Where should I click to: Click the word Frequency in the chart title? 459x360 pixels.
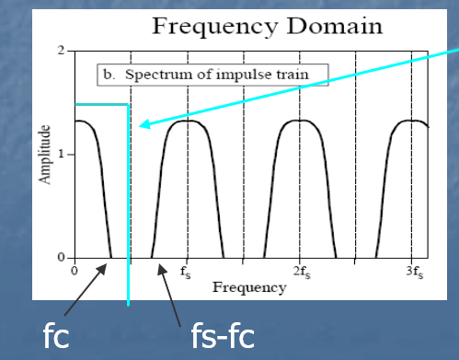[x=215, y=28]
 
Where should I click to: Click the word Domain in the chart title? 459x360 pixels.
[x=335, y=26]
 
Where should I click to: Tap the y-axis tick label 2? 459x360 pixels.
[x=62, y=50]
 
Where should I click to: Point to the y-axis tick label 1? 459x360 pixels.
[x=62, y=154]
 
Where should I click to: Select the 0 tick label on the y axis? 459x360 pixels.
[x=62, y=257]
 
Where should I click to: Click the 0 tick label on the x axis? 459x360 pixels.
[x=75, y=271]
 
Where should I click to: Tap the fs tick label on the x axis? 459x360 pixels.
[x=186, y=273]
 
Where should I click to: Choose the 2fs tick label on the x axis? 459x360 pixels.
[x=302, y=273]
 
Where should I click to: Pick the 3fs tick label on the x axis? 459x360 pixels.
[x=415, y=273]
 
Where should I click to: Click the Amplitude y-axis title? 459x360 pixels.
[x=44, y=155]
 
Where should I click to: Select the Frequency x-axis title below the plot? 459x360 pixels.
[x=249, y=288]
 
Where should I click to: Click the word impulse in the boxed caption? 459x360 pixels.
[x=237, y=75]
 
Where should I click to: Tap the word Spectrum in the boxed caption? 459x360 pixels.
[x=160, y=75]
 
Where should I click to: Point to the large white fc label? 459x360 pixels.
[x=56, y=335]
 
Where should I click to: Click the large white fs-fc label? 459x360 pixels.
[x=223, y=335]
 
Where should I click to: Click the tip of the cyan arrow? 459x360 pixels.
[x=139, y=126]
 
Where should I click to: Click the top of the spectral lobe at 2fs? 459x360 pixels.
[x=300, y=121]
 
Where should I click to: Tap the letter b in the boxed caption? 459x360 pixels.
[x=108, y=75]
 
